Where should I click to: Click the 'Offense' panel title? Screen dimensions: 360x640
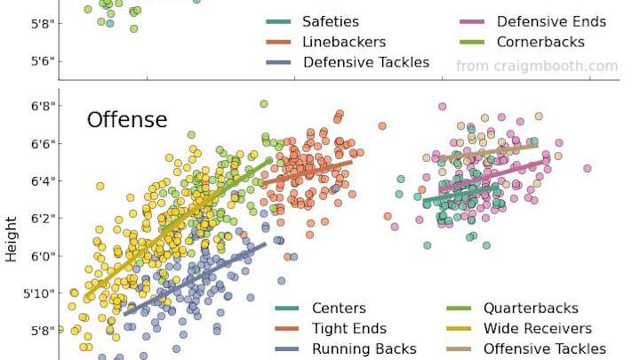pyautogui.click(x=126, y=120)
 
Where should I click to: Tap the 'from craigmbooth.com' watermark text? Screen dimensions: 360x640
pyautogui.click(x=537, y=66)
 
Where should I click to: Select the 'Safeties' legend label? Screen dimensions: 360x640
pyautogui.click(x=331, y=21)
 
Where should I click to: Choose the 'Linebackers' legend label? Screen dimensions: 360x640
pyautogui.click(x=344, y=42)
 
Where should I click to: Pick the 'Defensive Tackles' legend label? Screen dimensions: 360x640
pyautogui.click(x=366, y=62)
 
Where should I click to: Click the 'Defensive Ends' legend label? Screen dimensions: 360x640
pyautogui.click(x=551, y=21)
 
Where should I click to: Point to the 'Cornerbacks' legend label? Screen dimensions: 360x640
pyautogui.click(x=540, y=42)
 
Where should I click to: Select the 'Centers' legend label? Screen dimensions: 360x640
pyautogui.click(x=339, y=308)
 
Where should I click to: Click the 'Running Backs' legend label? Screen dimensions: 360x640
pyautogui.click(x=364, y=349)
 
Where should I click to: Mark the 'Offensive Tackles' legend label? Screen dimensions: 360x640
pyautogui.click(x=545, y=349)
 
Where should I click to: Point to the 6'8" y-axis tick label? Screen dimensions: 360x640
pyautogui.click(x=43, y=107)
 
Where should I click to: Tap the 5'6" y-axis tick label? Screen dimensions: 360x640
pyautogui.click(x=43, y=61)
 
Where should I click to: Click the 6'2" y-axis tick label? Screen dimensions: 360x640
pyautogui.click(x=43, y=219)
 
